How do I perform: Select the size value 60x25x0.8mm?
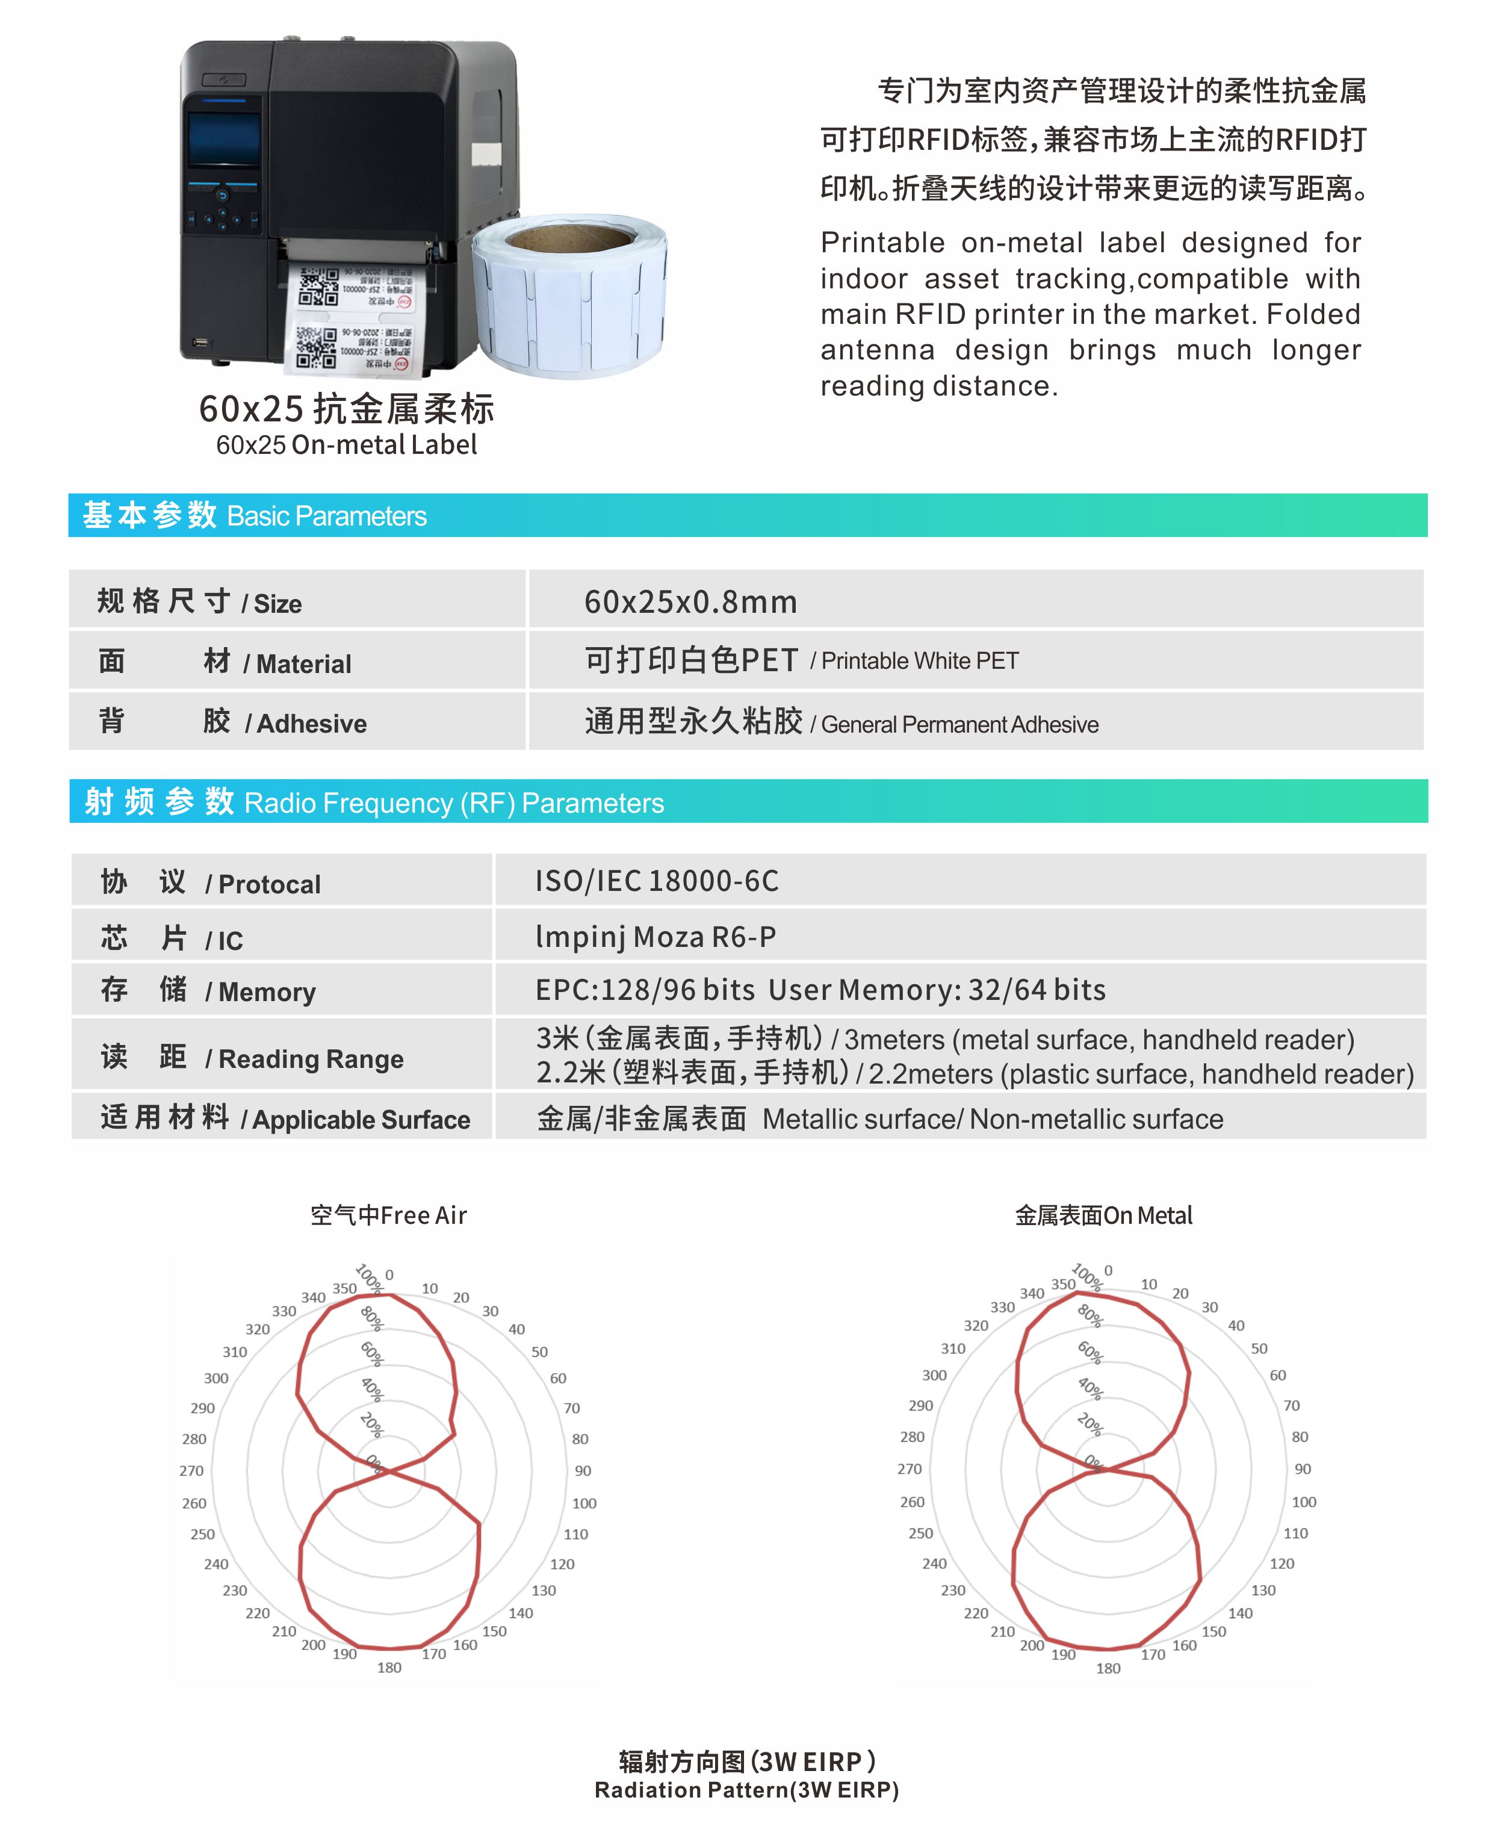point(690,602)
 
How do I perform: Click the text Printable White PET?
point(920,660)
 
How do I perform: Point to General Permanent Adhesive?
point(959,724)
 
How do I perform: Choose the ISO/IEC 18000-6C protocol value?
point(657,881)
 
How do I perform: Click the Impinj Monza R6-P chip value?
point(656,937)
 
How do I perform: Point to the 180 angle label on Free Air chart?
point(389,1667)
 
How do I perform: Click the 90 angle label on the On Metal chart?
point(1303,1468)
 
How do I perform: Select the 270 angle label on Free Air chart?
point(191,1470)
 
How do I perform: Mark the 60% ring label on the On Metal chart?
point(1090,1351)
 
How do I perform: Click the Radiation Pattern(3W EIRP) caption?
point(746,1790)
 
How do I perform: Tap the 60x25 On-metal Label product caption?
point(346,444)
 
